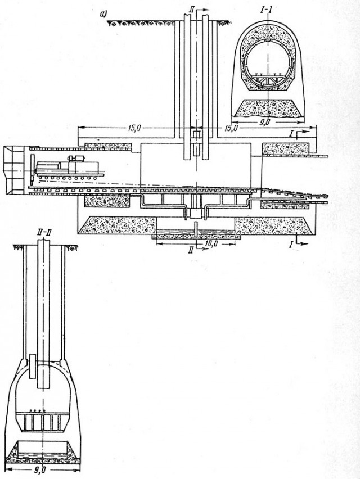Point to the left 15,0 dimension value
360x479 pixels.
pos(134,128)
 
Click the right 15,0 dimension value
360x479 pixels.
pos(231,128)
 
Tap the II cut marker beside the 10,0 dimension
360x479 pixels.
pos(191,250)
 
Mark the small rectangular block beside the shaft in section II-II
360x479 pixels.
pos(33,367)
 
